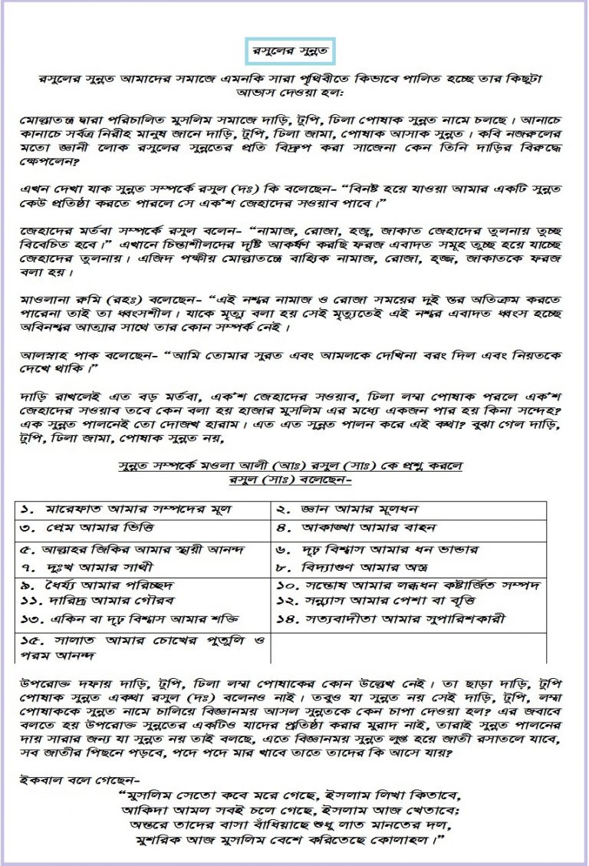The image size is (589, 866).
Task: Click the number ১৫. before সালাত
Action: click(x=31, y=641)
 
